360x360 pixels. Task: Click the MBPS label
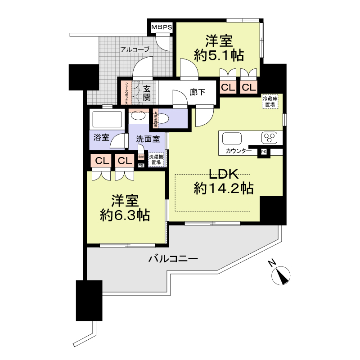tap(162, 27)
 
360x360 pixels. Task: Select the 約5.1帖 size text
tap(219, 55)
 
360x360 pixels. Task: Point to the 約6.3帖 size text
tap(125, 215)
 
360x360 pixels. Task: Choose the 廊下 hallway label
tap(198, 93)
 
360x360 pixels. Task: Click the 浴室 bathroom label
tap(101, 138)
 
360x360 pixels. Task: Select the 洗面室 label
tap(148, 139)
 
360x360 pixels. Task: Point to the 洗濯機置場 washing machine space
tap(156, 159)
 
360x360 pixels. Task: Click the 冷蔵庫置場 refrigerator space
tap(270, 101)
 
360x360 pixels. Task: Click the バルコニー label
tap(173, 259)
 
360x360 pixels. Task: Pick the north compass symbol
tap(282, 275)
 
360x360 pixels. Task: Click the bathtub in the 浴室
tap(107, 120)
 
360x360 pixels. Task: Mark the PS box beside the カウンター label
tap(263, 152)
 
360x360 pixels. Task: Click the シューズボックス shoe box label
tap(127, 93)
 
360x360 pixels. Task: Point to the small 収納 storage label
tap(141, 157)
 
